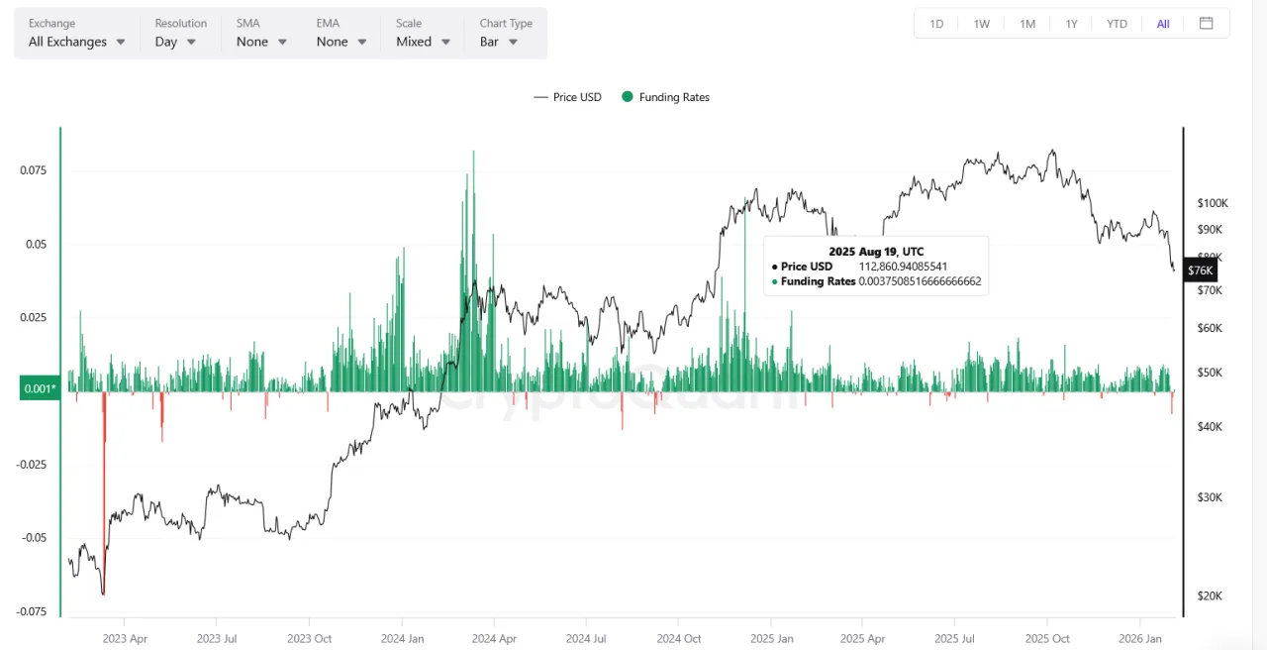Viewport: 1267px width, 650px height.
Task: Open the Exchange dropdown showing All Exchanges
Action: point(77,42)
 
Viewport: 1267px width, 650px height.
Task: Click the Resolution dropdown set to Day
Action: point(176,42)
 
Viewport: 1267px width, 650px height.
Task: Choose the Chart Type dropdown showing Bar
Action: point(499,42)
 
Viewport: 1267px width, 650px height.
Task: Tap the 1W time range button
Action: point(981,24)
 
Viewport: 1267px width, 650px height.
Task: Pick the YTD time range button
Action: point(1117,24)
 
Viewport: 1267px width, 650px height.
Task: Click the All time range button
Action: point(1163,24)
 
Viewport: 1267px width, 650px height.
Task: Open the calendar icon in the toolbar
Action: point(1206,24)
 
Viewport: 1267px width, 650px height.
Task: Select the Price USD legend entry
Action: point(568,97)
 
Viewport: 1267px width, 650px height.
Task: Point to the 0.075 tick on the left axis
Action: point(34,170)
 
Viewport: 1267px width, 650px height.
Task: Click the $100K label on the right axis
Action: point(1213,203)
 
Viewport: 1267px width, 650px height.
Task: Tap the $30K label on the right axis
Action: point(1210,497)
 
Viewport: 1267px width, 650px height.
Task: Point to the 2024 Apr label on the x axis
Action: point(495,639)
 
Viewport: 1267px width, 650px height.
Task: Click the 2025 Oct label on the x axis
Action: point(1047,639)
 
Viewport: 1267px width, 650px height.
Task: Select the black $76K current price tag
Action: point(1200,271)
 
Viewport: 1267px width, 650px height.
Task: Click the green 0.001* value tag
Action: point(39,389)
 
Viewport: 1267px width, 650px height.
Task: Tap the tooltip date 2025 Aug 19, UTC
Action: point(876,252)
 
